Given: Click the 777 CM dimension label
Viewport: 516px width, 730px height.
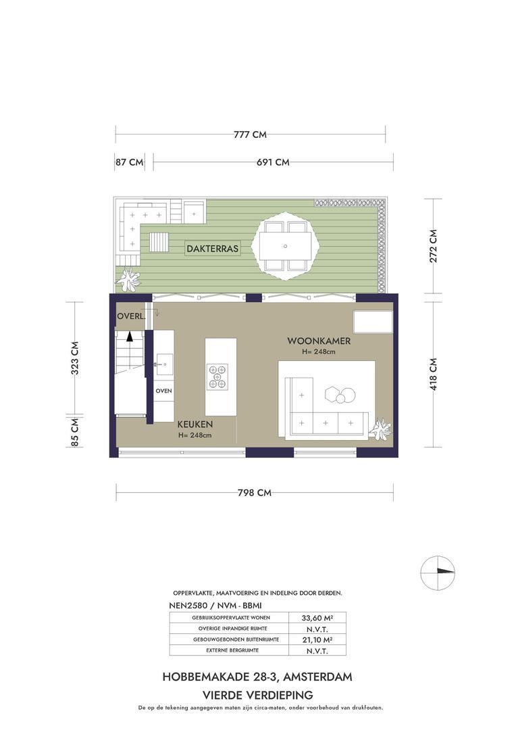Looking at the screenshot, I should (x=250, y=135).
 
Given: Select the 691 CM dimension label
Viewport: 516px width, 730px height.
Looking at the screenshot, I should (x=273, y=162).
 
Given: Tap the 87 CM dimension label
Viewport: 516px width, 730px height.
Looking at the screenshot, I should (x=129, y=162).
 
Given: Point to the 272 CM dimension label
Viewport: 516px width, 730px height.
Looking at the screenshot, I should (x=433, y=246).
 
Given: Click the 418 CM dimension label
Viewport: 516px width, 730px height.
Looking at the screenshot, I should (x=433, y=374).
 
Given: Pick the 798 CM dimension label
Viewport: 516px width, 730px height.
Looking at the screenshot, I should (x=255, y=493).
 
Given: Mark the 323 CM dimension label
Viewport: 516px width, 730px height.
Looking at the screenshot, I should (x=75, y=358).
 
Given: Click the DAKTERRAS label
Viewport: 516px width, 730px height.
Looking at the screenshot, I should (x=213, y=249).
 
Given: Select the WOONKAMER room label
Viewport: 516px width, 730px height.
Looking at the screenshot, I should (x=318, y=341).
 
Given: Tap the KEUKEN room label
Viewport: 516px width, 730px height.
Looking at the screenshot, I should (x=195, y=424).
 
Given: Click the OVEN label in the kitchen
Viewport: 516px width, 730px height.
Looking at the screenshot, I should (x=164, y=391).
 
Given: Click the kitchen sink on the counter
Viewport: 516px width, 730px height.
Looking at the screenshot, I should (x=163, y=364).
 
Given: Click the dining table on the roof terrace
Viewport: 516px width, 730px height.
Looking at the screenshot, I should (x=285, y=246).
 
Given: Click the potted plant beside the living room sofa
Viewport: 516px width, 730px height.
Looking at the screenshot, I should (x=380, y=429).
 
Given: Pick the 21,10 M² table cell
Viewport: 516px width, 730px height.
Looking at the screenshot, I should (x=312, y=639).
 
